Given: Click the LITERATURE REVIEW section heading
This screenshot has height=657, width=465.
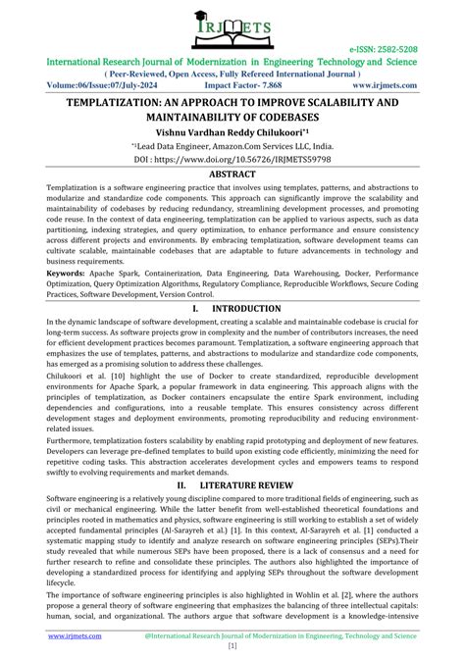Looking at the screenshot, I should (x=254, y=484).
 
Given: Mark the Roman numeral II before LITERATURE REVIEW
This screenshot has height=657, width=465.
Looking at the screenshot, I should (x=182, y=484).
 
